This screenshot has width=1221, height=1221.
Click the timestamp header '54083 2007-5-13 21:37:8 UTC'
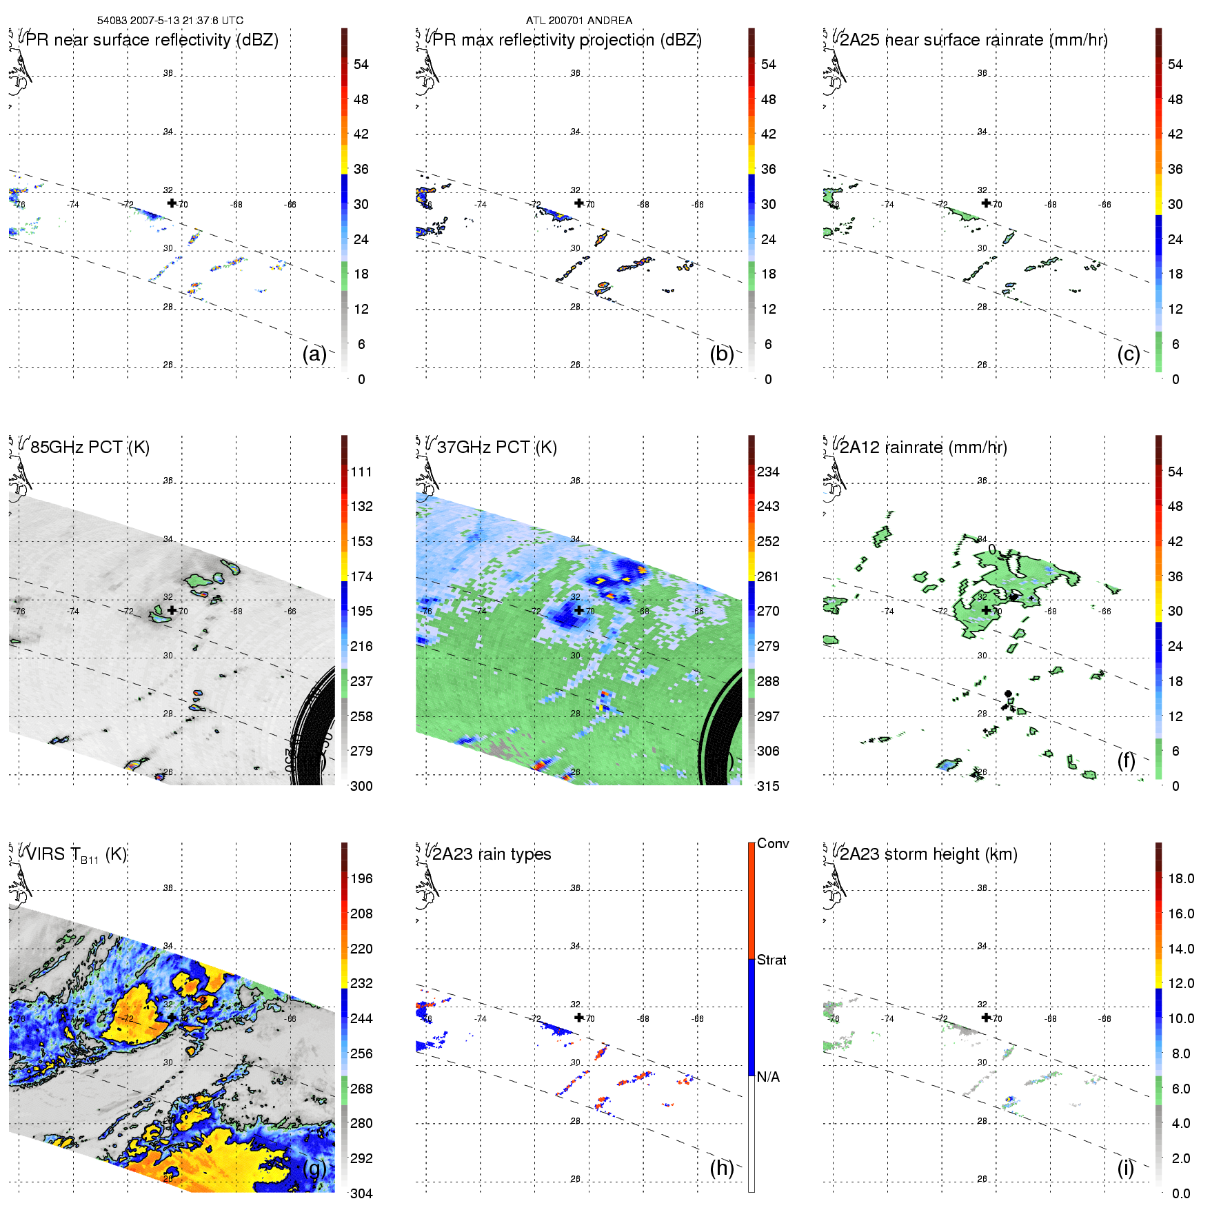[x=170, y=21]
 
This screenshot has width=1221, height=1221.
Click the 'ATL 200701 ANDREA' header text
[x=579, y=21]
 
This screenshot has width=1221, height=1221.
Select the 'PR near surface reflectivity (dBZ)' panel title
[x=152, y=40]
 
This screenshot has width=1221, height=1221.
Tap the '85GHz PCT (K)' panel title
[x=90, y=447]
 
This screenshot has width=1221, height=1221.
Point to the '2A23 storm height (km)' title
[x=928, y=854]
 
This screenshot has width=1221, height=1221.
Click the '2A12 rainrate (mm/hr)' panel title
[x=923, y=447]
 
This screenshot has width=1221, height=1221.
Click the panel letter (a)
[x=314, y=354]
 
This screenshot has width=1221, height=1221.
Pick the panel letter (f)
[x=1126, y=760]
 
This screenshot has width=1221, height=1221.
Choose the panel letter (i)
[x=1126, y=1168]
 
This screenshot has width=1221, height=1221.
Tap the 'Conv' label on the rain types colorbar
[x=773, y=844]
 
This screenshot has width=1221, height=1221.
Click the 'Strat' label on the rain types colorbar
[x=771, y=960]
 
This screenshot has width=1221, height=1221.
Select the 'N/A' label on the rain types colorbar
[x=768, y=1077]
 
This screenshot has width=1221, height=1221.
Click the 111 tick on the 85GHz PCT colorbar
[x=361, y=472]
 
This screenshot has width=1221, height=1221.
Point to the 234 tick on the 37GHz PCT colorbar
[x=768, y=472]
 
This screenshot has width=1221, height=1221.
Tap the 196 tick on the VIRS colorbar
[x=361, y=879]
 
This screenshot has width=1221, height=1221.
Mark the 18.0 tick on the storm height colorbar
[x=1180, y=879]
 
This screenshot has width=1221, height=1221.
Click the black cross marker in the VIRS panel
[x=172, y=1017]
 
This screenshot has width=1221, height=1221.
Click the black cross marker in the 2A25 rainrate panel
[x=986, y=203]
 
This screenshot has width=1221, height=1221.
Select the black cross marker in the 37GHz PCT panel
[x=579, y=610]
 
